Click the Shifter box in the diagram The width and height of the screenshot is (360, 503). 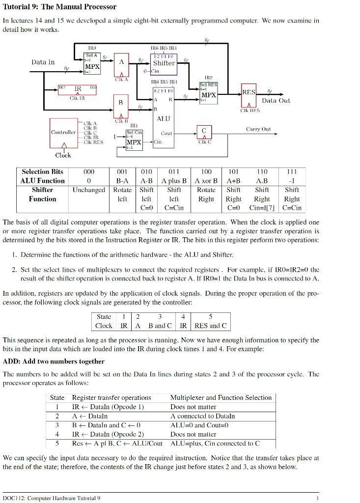[164, 63]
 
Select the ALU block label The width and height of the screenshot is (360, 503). [163, 118]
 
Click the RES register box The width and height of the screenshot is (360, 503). [248, 93]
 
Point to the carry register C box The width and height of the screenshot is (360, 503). [203, 131]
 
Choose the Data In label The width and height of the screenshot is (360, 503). [43, 62]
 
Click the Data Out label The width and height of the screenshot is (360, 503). [276, 100]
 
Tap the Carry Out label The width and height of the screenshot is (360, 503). [258, 129]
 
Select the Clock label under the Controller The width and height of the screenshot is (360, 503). [63, 155]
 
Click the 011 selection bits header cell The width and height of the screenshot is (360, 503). [174, 171]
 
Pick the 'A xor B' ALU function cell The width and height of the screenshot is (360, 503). [206, 180]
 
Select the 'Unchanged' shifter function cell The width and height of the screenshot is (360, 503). [89, 190]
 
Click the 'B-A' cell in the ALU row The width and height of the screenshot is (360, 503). [122, 180]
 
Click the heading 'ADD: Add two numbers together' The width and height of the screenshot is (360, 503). [54, 362]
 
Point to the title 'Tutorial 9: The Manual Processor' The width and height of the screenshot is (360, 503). [59, 7]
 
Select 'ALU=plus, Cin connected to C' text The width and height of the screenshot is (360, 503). [215, 443]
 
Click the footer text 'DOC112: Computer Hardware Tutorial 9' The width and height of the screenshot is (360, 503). [52, 498]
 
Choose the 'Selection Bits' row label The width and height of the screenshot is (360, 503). [43, 171]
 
